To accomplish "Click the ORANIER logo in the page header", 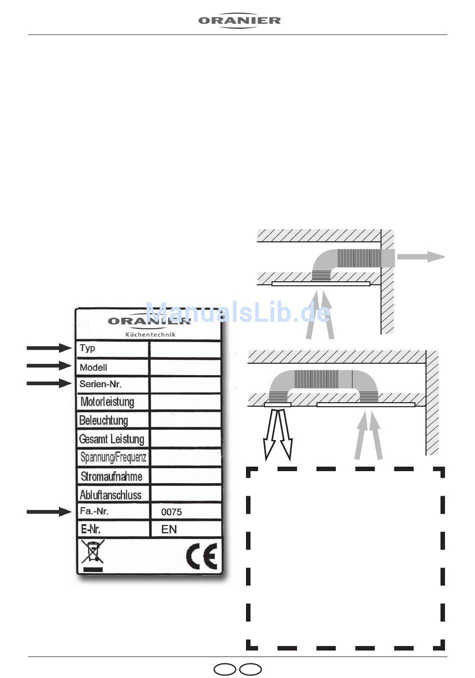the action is tap(239, 21).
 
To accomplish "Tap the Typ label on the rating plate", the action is tap(87, 348).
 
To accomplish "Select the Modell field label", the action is tap(93, 367).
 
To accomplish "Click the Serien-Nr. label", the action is tap(100, 384).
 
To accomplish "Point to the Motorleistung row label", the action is tap(107, 402).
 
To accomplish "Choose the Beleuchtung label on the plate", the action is tap(103, 420).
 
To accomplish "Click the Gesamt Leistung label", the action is tap(111, 439).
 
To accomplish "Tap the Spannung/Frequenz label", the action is tap(113, 457).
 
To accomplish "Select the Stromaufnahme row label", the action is tap(111, 476).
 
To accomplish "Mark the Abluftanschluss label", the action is tap(110, 495).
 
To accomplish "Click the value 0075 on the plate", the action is tap(171, 512).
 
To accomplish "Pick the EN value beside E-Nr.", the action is tap(169, 530).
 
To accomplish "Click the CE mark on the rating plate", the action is tap(202, 556).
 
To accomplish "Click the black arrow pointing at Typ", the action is tap(49, 348).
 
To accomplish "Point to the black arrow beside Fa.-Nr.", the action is tap(49, 512).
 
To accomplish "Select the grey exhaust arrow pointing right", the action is tap(420, 257).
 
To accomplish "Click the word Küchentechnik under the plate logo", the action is tap(150, 334).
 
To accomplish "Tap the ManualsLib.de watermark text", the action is tap(238, 313).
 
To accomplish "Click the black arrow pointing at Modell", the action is tap(49, 366).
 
